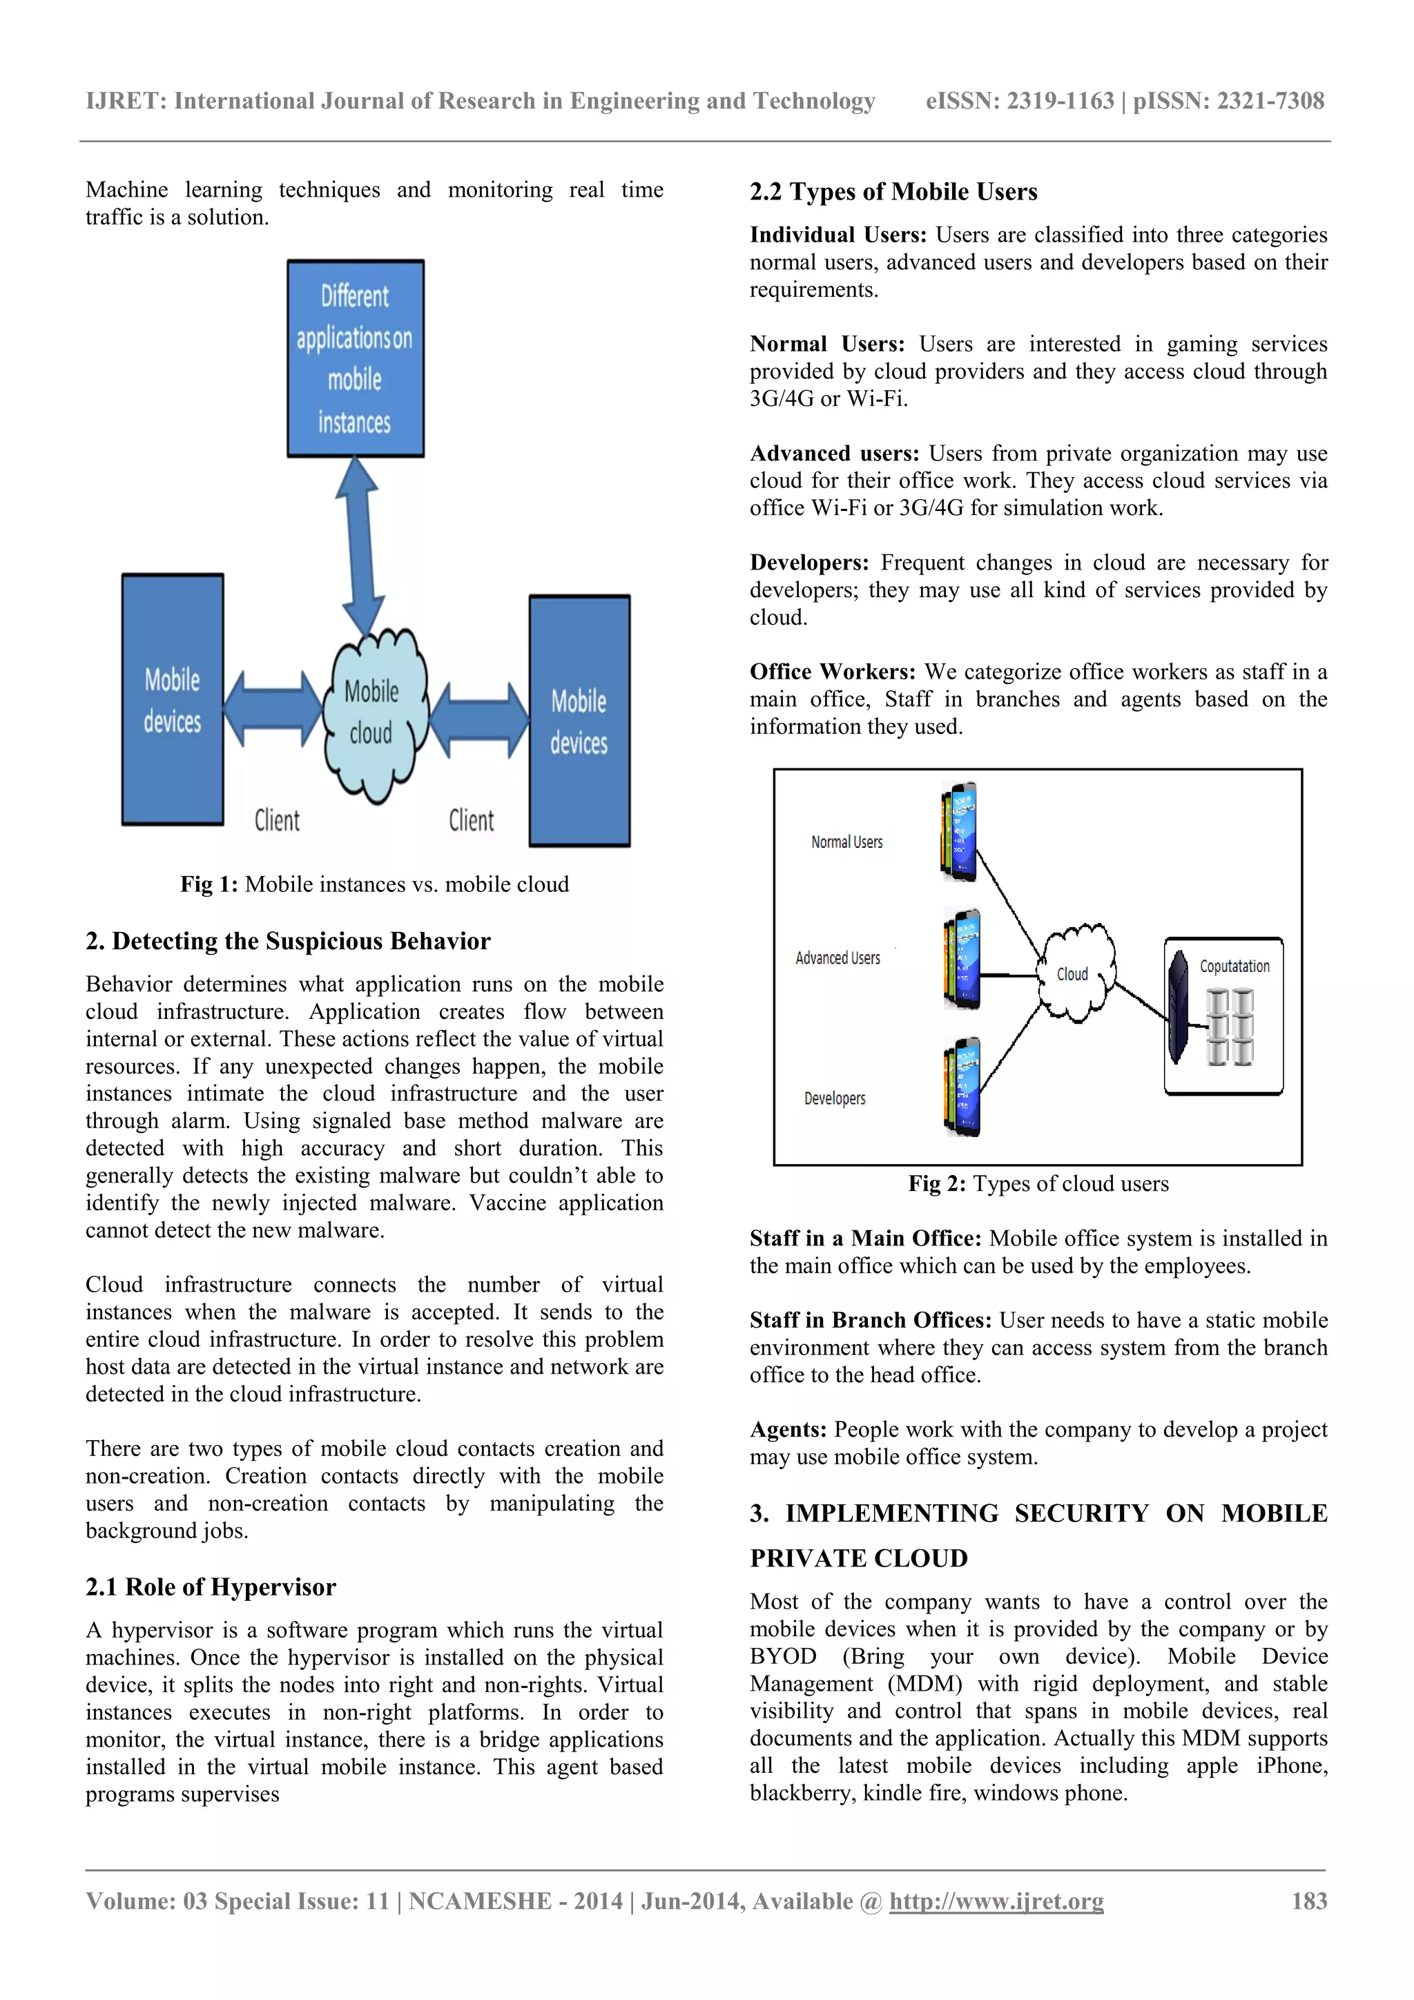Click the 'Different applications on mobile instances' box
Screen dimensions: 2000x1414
[x=356, y=358]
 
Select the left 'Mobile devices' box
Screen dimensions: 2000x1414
[x=173, y=699]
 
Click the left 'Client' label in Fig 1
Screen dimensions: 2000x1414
[x=277, y=821]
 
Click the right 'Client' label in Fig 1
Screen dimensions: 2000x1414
[x=472, y=821]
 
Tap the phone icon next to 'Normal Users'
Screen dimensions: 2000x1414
[x=959, y=831]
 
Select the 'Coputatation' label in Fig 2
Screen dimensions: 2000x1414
[x=1234, y=966]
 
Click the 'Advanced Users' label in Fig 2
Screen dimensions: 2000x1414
[x=838, y=958]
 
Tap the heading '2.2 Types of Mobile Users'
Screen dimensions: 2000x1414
[x=893, y=192]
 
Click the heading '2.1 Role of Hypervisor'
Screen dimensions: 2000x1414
[x=211, y=1587]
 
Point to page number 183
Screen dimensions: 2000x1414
[x=1308, y=1901]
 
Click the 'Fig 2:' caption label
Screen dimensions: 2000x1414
[x=937, y=1184]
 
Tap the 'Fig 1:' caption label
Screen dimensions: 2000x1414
[x=209, y=884]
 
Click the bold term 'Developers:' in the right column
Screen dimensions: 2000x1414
[x=809, y=563]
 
